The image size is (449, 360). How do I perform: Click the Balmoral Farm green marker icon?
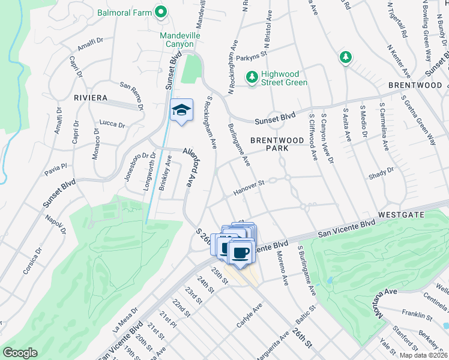tap(161, 11)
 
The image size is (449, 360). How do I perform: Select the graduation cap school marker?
tap(181, 110)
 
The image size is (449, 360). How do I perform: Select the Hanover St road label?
tap(249, 187)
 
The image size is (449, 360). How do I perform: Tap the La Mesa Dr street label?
tap(124, 319)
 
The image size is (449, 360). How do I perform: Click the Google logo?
tap(20, 353)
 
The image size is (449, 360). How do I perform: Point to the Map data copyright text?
tap(424, 355)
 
